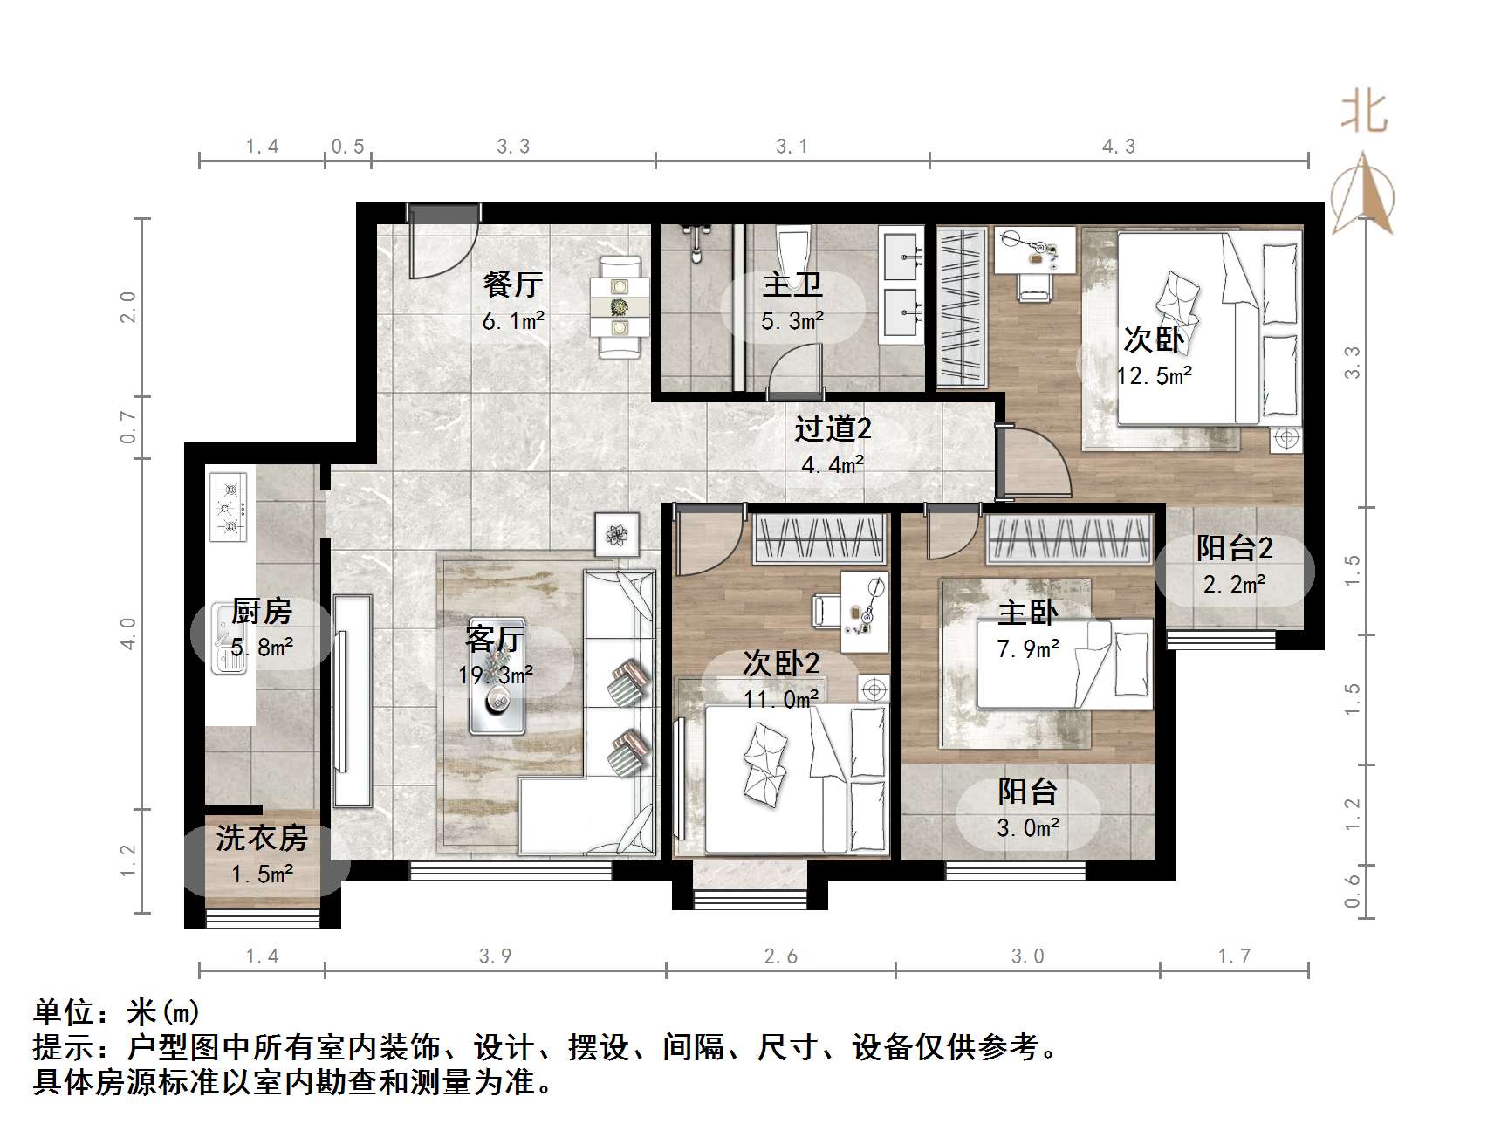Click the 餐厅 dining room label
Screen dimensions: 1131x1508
point(513,284)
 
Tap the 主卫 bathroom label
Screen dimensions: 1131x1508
point(792,284)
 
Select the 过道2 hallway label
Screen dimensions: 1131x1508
point(833,428)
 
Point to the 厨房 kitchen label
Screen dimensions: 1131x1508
point(262,611)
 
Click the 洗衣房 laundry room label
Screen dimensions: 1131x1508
point(262,839)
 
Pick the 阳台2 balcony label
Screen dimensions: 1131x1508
point(1234,548)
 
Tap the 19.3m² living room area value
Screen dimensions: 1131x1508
point(496,675)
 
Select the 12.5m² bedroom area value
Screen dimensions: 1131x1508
point(1155,376)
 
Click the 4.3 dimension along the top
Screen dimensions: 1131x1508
point(1119,147)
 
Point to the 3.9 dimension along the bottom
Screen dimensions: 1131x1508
point(495,956)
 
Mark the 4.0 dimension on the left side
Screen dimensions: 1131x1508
point(128,634)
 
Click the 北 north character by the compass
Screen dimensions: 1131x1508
point(1364,113)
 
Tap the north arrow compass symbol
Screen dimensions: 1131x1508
point(1362,196)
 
